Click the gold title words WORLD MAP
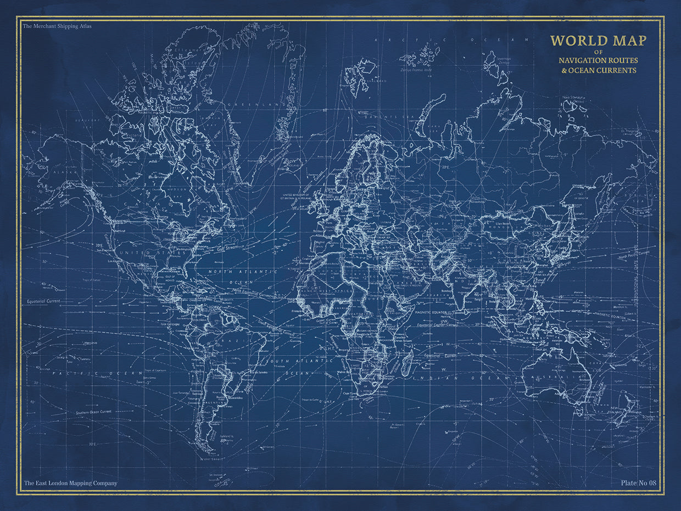[598, 41]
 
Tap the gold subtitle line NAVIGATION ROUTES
[598, 60]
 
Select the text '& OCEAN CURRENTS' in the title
[598, 70]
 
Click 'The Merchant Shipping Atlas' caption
[57, 26]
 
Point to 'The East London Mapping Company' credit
[70, 484]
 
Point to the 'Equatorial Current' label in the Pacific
[44, 302]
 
